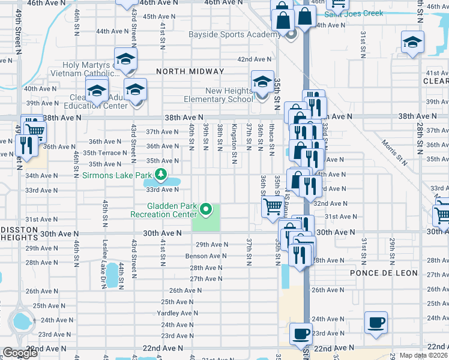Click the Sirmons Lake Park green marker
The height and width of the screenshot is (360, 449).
pos(160,175)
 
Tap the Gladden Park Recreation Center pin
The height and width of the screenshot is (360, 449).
pos(206,209)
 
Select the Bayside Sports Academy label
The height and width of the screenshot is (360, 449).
pos(238,35)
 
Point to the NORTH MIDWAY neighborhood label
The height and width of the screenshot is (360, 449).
pos(190,71)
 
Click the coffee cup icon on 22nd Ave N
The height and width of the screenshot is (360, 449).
pos(301,333)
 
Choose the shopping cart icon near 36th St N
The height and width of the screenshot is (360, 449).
pos(273,206)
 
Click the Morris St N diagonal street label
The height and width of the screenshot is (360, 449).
pos(393,151)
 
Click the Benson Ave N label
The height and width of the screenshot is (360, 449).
pos(205,256)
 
